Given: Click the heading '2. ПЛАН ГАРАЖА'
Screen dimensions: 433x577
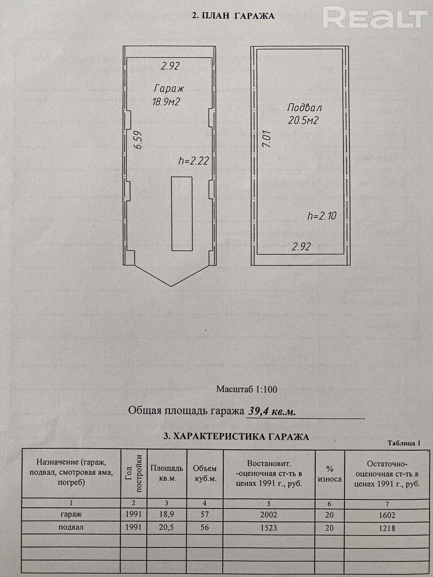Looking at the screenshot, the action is (x=233, y=16).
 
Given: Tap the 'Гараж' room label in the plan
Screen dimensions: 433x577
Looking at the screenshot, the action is (x=169, y=89).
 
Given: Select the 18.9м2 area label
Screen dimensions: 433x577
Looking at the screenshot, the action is (x=166, y=102).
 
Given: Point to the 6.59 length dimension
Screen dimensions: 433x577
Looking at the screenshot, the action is (x=138, y=140).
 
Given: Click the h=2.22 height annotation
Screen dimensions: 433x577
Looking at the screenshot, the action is (x=193, y=161).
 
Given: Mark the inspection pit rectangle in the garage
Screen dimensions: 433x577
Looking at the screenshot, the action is (x=182, y=213).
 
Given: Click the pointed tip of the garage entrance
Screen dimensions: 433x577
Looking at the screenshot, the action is (x=171, y=286).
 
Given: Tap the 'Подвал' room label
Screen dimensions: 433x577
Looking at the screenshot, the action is (x=305, y=107).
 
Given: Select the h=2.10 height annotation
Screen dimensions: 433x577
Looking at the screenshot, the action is (x=322, y=216).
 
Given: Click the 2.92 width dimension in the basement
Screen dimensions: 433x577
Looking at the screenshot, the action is (x=301, y=247).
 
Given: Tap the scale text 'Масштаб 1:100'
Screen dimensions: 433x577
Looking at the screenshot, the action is (x=246, y=389).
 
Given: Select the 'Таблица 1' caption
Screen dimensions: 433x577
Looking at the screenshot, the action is (x=404, y=444).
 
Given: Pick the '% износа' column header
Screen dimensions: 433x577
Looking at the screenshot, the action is (x=330, y=474).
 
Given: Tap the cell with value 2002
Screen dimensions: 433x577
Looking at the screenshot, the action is (x=269, y=515).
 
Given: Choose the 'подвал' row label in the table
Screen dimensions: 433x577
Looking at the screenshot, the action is (x=71, y=527).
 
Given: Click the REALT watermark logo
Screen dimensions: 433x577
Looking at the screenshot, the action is (x=375, y=17).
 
